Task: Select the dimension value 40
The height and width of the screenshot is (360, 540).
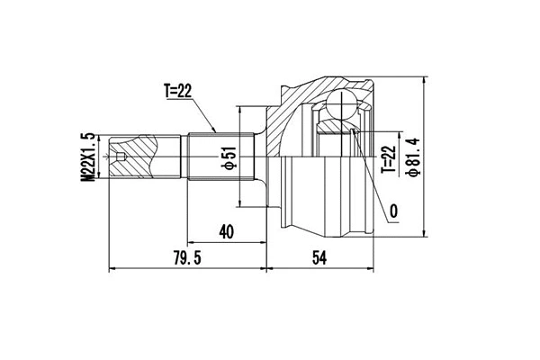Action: tap(226, 230)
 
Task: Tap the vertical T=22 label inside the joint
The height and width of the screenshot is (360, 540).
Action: tap(387, 157)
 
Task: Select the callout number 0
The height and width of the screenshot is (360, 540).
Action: tap(394, 213)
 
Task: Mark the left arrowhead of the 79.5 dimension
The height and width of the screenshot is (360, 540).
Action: tap(111, 268)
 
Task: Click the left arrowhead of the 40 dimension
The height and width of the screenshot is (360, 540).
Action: tap(191, 242)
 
